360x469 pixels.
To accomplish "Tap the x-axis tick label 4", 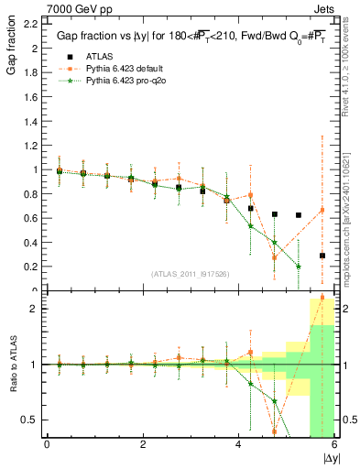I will click(238, 444).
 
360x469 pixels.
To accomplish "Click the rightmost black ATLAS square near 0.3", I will click(322, 256).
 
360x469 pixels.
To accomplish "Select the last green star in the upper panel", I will click(299, 267).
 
